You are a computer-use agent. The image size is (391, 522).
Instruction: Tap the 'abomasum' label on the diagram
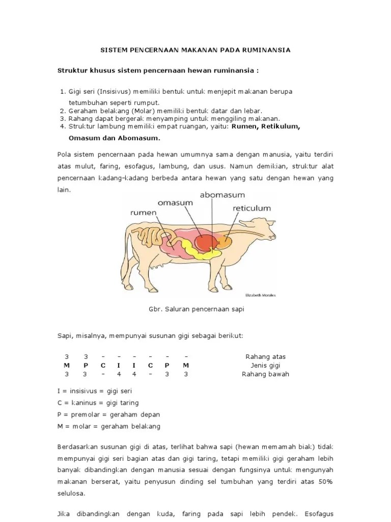[x=222, y=195]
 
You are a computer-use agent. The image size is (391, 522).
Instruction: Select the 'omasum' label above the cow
[x=175, y=202]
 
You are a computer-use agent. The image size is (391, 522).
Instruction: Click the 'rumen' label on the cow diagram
[x=143, y=213]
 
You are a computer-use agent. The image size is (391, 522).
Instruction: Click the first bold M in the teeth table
[x=66, y=365]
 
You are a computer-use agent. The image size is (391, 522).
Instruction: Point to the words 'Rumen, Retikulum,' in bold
[x=266, y=127]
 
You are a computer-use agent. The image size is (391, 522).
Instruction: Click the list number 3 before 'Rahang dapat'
[x=62, y=118]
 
